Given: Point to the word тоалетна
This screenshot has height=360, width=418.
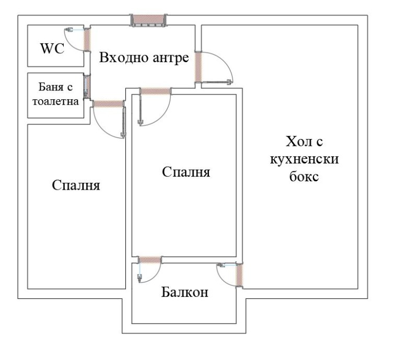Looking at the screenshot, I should click(x=55, y=101).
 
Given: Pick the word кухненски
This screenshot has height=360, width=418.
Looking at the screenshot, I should click(x=304, y=158).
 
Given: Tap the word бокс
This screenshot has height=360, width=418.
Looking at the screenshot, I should click(x=304, y=176).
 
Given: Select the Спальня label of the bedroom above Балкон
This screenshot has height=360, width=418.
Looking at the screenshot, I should click(x=186, y=172).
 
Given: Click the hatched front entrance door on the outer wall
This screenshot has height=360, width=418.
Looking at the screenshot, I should click(x=148, y=20).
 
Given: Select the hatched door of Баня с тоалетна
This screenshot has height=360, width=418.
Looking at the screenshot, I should click(x=87, y=87).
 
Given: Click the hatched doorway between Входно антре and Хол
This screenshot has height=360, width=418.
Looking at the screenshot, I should click(x=199, y=66).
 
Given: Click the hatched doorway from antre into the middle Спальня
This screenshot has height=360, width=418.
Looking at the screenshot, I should click(x=156, y=91).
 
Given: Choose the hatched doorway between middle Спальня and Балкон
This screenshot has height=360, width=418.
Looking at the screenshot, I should click(x=149, y=260).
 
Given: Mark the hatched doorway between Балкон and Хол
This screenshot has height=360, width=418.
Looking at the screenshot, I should click(x=240, y=275).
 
